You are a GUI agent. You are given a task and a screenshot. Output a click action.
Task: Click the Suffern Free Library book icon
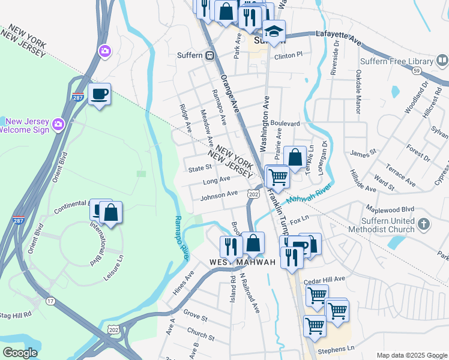(442, 61)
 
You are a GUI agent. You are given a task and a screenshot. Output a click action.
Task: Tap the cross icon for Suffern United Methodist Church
(424, 225)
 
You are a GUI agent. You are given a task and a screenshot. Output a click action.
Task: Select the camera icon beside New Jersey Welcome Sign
(58, 124)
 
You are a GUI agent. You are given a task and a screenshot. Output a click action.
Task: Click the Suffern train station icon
(210, 55)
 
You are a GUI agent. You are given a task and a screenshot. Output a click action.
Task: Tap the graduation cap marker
(274, 31)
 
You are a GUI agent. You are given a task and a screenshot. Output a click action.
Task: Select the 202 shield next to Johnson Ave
(253, 194)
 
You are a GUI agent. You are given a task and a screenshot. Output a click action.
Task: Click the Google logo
(20, 353)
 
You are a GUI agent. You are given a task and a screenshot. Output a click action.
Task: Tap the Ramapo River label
(182, 238)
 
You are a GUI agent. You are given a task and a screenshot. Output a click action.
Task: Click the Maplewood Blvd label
(390, 209)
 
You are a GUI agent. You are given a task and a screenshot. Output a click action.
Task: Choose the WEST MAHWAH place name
(242, 263)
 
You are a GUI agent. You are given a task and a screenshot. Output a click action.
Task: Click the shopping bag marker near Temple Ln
(295, 158)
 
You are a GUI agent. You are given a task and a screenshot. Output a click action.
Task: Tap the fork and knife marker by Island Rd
(231, 245)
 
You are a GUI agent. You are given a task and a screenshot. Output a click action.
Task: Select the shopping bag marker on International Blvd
(111, 212)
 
